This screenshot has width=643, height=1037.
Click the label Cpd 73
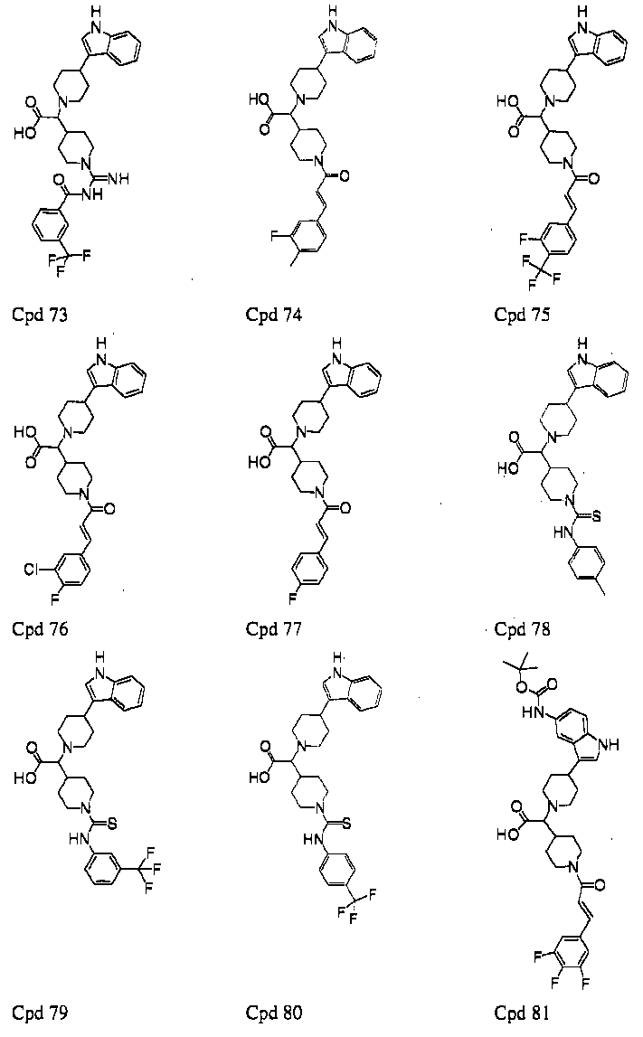(40, 315)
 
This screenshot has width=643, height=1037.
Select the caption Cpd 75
(522, 315)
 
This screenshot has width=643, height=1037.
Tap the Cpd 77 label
(274, 628)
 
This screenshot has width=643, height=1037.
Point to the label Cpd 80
(274, 1012)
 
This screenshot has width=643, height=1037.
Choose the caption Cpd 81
(522, 1012)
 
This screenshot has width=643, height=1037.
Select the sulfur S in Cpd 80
(346, 824)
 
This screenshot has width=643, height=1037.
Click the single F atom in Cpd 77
(291, 599)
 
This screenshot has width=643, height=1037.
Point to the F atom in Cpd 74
(275, 236)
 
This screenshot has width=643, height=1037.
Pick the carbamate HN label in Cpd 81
(531, 713)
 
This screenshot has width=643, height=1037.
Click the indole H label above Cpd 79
(100, 657)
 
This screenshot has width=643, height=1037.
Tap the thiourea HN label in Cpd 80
(312, 839)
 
